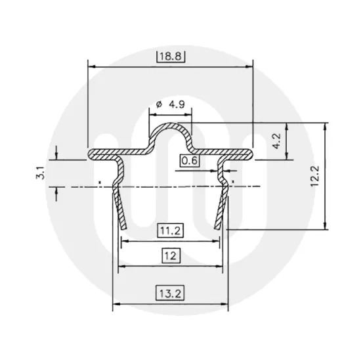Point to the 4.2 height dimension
click(277, 140)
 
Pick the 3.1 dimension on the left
click(40, 174)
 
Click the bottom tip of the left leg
click(121, 226)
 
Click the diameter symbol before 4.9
click(159, 104)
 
